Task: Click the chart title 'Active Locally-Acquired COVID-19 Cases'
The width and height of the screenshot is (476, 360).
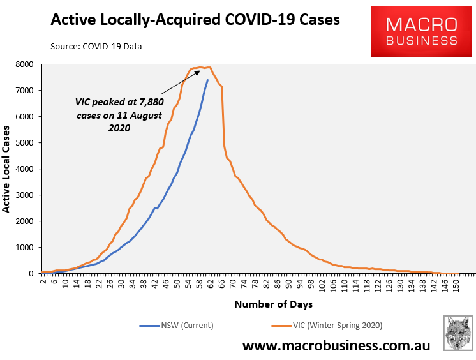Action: pyautogui.click(x=195, y=20)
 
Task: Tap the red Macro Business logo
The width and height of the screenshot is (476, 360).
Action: pyautogui.click(x=422, y=32)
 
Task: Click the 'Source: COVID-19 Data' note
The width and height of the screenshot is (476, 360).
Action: pyautogui.click(x=96, y=47)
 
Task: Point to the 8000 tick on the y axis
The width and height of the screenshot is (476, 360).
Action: pyautogui.click(x=24, y=64)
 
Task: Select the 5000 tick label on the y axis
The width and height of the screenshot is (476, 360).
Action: pyautogui.click(x=24, y=143)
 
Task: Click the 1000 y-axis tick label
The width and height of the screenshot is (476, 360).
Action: pyautogui.click(x=24, y=248)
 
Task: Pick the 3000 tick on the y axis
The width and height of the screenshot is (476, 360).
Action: pyautogui.click(x=24, y=195)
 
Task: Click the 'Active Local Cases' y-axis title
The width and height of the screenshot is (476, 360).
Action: pyautogui.click(x=7, y=169)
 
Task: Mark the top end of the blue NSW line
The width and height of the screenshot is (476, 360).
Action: pyautogui.click(x=207, y=80)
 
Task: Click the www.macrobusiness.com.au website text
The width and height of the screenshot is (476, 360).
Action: pyautogui.click(x=336, y=346)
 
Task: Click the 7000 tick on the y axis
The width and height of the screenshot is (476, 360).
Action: pyautogui.click(x=24, y=91)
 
